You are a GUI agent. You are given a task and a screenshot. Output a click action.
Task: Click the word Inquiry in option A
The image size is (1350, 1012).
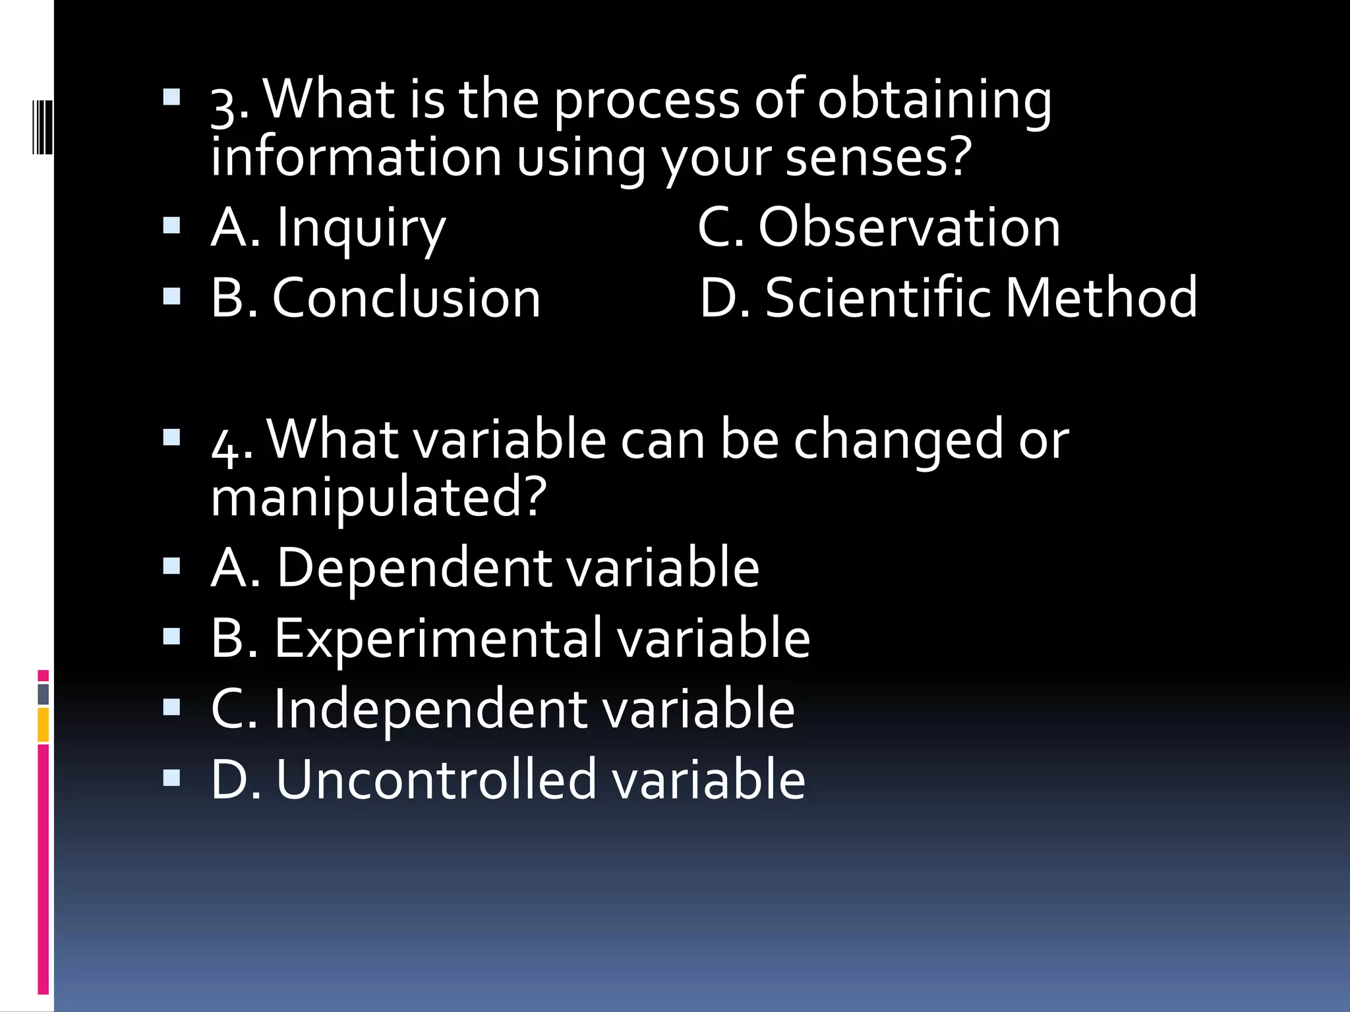point(361,228)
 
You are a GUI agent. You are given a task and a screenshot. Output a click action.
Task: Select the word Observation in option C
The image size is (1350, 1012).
point(909,227)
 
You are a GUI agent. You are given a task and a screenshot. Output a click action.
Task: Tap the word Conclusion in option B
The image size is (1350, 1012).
point(406,298)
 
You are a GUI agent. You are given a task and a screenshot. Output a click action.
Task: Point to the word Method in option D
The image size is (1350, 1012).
point(1101,298)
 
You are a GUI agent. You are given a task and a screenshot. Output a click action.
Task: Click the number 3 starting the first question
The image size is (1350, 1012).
point(223,105)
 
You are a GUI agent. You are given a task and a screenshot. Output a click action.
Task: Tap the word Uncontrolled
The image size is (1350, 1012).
point(436,779)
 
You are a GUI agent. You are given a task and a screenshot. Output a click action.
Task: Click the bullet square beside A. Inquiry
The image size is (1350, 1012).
point(171,226)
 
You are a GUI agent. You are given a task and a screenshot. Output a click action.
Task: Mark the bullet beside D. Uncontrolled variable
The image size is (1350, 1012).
point(171,778)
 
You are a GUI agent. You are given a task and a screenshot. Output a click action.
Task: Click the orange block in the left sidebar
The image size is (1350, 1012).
point(44,725)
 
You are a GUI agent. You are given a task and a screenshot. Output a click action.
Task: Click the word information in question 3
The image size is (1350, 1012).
point(356,158)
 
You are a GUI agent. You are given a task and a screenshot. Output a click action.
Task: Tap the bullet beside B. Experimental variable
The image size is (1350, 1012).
point(171,636)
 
